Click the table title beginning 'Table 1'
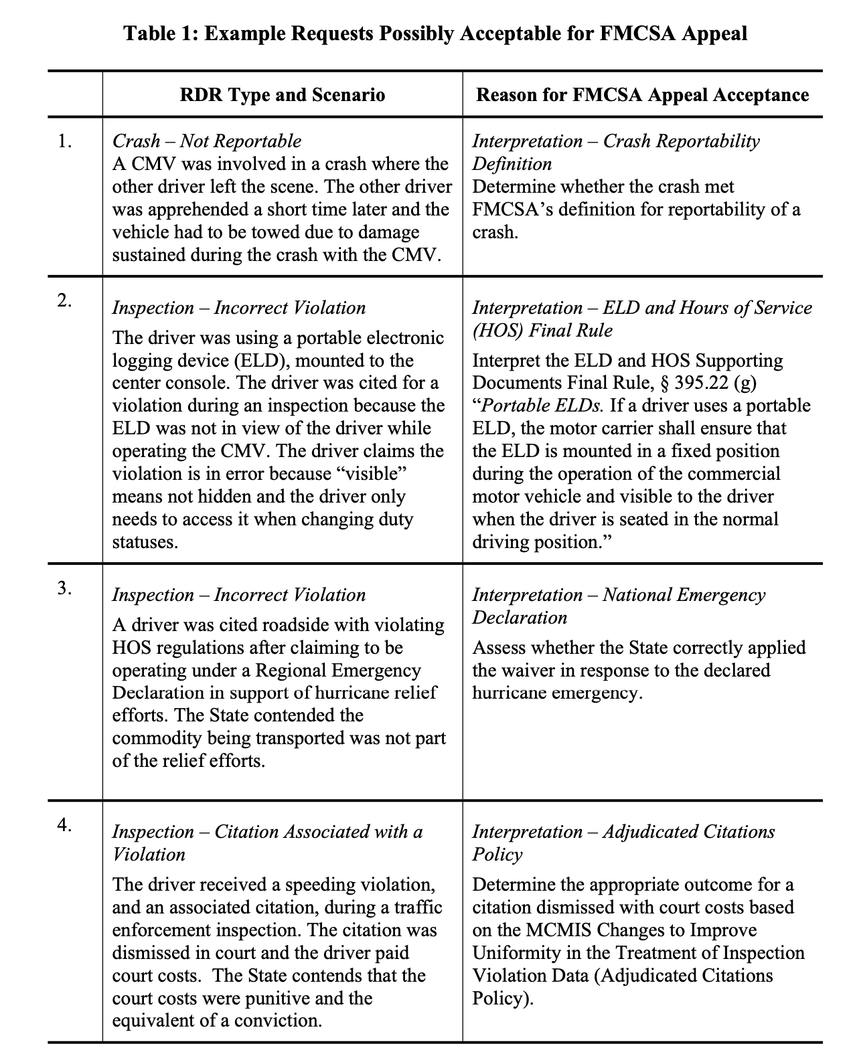tap(435, 33)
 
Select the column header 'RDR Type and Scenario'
tap(283, 94)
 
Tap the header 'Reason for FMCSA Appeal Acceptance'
tap(642, 94)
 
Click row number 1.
tap(64, 141)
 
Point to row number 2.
tap(64, 300)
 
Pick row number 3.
tap(64, 588)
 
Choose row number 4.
tap(64, 824)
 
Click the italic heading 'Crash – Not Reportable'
tap(206, 141)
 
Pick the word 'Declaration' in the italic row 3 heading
tap(520, 618)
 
